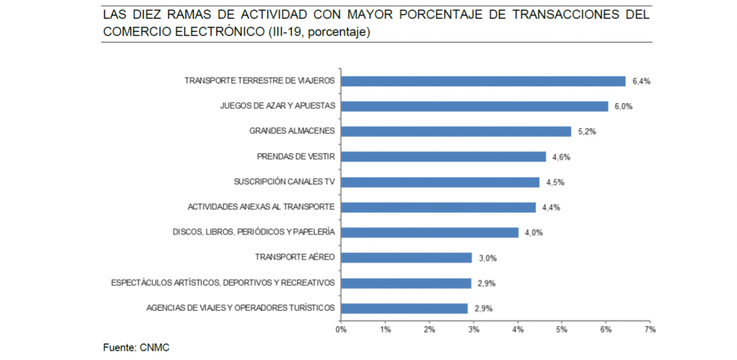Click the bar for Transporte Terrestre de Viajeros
483,81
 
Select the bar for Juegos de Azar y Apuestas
474,106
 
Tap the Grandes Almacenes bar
456,131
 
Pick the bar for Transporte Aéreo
406,257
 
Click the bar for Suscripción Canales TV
440,181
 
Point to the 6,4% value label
641,81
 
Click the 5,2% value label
587,132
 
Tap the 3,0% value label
488,258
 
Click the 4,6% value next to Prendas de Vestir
562,157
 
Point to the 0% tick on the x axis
341,330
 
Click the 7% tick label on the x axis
650,330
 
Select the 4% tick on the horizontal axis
517,330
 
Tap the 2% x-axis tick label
430,330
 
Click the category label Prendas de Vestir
296,156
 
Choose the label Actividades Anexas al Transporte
261,207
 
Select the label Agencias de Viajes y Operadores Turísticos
240,307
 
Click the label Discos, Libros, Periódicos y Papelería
254,232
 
